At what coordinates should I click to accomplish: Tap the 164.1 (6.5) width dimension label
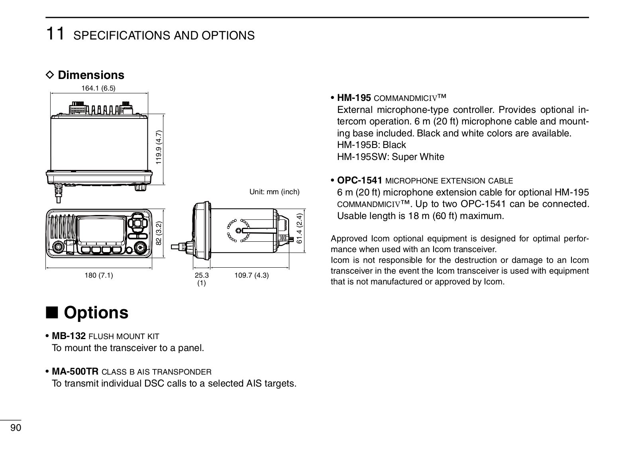point(98,88)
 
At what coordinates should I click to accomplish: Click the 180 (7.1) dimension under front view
point(99,275)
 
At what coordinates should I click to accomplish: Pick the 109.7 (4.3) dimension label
point(251,275)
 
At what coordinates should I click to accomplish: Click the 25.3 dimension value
point(202,275)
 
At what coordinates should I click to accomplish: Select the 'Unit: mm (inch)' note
point(274,192)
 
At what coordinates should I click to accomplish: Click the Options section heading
point(96,312)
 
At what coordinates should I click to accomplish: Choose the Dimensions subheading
point(91,75)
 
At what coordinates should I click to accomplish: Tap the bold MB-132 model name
point(69,336)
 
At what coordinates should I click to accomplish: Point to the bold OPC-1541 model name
point(360,180)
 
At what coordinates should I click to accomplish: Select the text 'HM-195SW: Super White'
point(391,157)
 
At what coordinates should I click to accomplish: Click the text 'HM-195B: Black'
point(371,145)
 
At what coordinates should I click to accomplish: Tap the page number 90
point(16,428)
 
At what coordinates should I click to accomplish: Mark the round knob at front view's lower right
point(140,248)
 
